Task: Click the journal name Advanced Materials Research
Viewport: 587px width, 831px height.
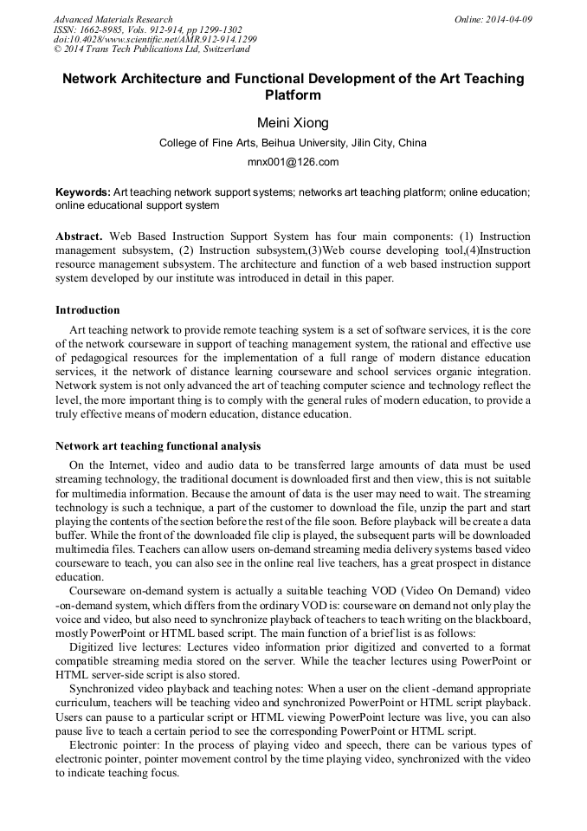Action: (113, 19)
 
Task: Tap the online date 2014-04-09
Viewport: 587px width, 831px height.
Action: (508, 19)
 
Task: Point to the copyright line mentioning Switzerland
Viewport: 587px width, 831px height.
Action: (152, 49)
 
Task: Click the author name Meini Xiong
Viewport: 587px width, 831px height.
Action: (293, 123)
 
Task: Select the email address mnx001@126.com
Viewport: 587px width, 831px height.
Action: (293, 161)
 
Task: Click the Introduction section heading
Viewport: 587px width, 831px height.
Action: (87, 310)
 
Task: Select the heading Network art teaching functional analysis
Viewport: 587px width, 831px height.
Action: (158, 446)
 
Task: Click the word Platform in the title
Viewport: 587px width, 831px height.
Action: (293, 95)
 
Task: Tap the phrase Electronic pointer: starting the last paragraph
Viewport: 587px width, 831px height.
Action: (110, 745)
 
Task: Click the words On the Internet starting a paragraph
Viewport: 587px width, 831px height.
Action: (103, 465)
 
